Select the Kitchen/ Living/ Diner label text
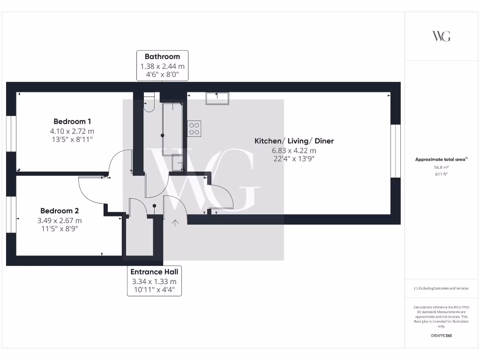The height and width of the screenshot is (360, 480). (294, 141)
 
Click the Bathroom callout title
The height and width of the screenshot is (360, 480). (162, 57)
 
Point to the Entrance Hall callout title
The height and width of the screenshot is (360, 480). (154, 272)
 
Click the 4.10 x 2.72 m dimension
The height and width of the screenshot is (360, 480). (73, 131)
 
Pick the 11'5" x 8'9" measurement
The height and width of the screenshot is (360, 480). (60, 229)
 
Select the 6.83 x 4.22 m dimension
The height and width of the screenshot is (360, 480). (294, 150)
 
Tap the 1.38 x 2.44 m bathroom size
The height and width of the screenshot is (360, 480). (162, 67)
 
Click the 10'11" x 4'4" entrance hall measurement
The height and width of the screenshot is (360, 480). (154, 290)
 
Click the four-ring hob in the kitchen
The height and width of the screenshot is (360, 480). (195, 128)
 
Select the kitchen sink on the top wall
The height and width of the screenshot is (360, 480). (217, 97)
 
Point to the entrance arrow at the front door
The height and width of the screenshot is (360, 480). (175, 223)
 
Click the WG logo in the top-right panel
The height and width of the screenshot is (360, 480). (441, 36)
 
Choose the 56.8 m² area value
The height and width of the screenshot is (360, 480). (441, 167)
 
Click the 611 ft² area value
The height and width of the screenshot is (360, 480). (441, 174)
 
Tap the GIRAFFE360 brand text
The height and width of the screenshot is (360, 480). (441, 336)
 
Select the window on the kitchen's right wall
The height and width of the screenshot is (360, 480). (396, 151)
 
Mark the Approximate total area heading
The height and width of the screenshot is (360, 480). (441, 159)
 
